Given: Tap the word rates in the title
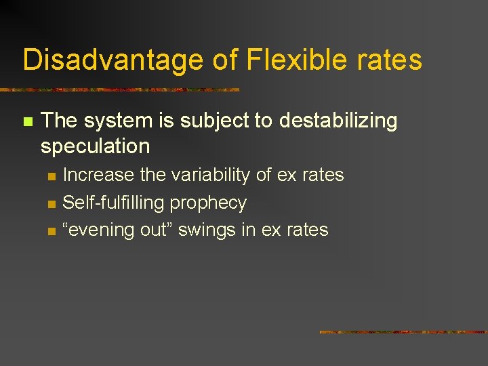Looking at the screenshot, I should [x=393, y=60].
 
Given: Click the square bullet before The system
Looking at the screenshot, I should [x=27, y=122].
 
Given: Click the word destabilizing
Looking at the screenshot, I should [x=338, y=121].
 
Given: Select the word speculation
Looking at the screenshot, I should [x=95, y=146].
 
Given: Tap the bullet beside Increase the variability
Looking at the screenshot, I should [x=50, y=176].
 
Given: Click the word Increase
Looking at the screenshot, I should [x=98, y=175].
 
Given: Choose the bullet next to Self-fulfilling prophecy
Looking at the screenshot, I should [x=50, y=204].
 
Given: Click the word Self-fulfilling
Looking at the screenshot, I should [x=113, y=203].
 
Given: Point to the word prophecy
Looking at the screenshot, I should [x=208, y=203].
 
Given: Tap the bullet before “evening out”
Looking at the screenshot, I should [x=50, y=231].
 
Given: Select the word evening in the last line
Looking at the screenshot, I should [x=95, y=230].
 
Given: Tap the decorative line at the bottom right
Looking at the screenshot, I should [x=403, y=332].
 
